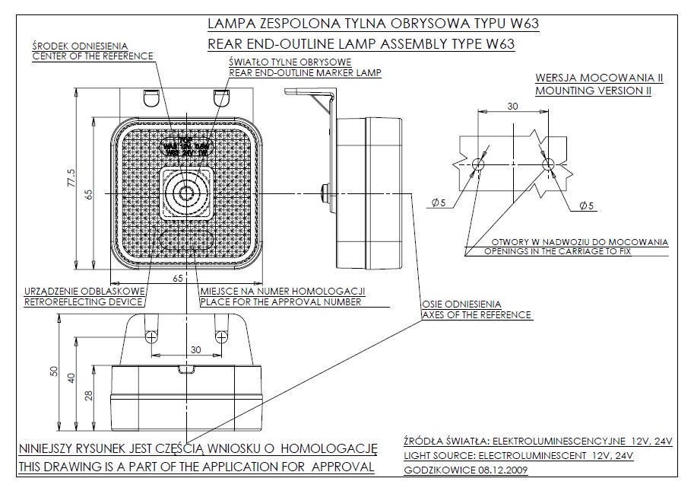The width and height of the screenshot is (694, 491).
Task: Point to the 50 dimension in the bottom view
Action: click(x=53, y=371)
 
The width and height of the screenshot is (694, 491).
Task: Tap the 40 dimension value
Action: click(x=71, y=378)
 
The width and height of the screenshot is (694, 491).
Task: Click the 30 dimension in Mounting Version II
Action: click(x=513, y=107)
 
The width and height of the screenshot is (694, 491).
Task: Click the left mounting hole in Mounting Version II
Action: click(x=478, y=163)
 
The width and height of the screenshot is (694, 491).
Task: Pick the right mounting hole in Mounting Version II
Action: click(x=547, y=163)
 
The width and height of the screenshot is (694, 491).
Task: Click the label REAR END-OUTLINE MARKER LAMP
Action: click(x=304, y=73)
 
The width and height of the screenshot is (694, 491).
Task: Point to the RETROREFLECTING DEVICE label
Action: click(x=84, y=302)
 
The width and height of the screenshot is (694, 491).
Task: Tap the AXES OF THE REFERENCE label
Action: click(x=477, y=314)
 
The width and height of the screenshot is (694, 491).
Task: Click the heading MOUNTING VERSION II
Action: click(x=594, y=90)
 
